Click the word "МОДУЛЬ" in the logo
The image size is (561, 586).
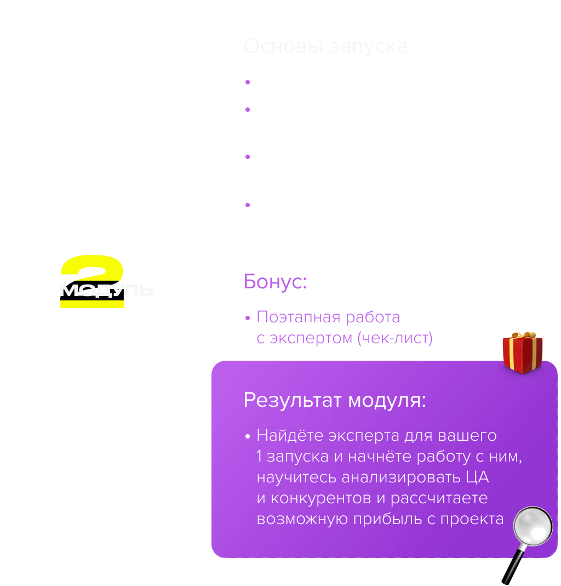pyautogui.click(x=106, y=290)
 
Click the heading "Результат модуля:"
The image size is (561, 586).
pyautogui.click(x=334, y=400)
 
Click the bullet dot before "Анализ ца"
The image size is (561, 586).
pyautogui.click(x=248, y=82)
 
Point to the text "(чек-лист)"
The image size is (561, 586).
pyautogui.click(x=394, y=338)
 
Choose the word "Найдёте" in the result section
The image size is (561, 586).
pyautogui.click(x=290, y=436)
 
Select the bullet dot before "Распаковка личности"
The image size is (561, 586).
pyautogui.click(x=248, y=158)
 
